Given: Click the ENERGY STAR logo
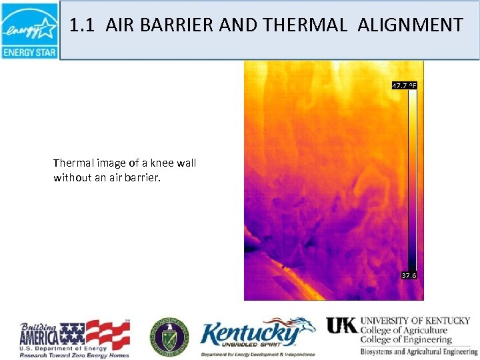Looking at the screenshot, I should [29, 31].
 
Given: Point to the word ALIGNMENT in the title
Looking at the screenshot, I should [410, 26].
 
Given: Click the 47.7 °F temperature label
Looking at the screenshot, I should [404, 85].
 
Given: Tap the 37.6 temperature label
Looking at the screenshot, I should [409, 275].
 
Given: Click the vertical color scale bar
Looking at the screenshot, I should [413, 180].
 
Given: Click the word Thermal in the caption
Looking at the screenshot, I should [73, 163].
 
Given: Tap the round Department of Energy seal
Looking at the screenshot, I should [169, 337].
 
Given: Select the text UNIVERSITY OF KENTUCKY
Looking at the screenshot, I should [415, 321].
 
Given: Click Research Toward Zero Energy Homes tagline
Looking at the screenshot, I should [73, 355].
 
